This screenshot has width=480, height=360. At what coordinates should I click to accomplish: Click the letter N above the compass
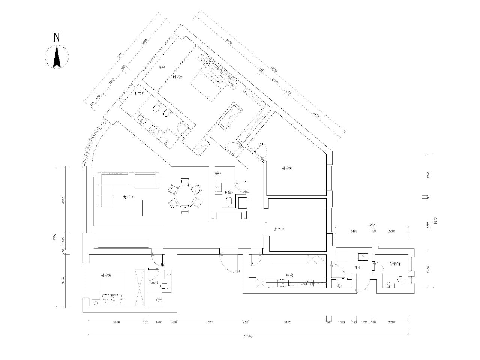(57, 37)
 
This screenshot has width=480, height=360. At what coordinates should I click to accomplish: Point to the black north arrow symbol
(57, 57)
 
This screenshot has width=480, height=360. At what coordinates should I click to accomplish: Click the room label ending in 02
(106, 275)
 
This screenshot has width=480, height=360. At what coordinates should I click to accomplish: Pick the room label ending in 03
(287, 168)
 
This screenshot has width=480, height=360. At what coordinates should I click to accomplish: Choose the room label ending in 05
(279, 229)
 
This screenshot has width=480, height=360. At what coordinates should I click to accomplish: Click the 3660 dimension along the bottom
(115, 322)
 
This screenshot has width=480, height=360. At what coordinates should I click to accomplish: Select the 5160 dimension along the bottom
(287, 322)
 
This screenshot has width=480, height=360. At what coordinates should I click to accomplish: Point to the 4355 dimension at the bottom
(210, 322)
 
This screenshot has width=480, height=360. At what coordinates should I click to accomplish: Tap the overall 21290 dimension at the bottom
(248, 336)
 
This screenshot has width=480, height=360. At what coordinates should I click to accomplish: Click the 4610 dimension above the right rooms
(372, 225)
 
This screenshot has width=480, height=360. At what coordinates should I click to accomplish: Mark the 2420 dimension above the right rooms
(354, 231)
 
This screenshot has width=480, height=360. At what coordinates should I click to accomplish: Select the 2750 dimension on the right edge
(428, 175)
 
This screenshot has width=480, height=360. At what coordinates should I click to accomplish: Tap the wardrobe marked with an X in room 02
(139, 287)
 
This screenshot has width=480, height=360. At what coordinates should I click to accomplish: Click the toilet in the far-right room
(400, 279)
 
